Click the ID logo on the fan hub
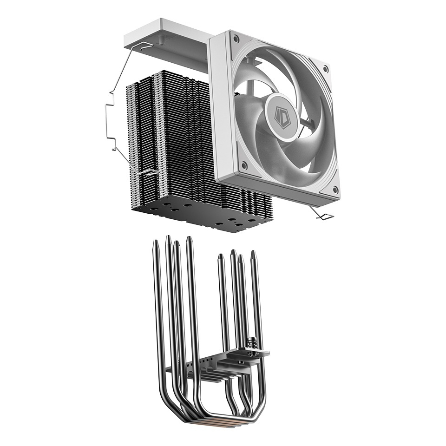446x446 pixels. (x=281, y=113)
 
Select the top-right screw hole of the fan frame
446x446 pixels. (x=325, y=69)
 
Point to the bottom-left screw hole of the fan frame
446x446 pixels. (x=244, y=164)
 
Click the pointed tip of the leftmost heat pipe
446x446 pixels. (x=155, y=243)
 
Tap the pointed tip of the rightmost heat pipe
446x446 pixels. (x=253, y=254)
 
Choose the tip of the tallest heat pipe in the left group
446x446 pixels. (x=189, y=240)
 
